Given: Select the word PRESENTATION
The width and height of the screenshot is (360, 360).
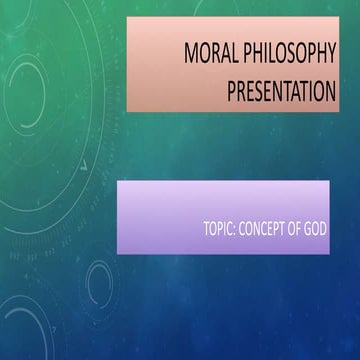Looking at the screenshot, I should [282, 91].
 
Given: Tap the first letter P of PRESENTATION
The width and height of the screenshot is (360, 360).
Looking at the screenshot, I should [233, 91].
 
